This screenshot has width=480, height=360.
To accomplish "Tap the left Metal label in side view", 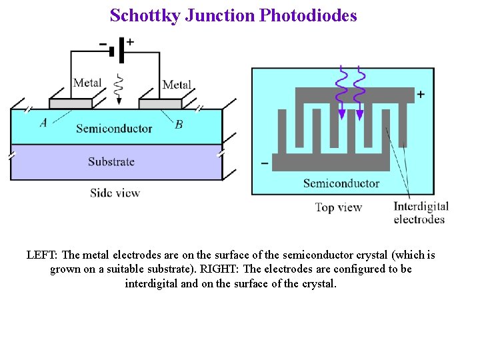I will pos(87,83).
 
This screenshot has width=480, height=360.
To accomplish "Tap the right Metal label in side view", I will pos(177,85).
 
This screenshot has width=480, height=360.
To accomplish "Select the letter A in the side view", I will pos(43,122).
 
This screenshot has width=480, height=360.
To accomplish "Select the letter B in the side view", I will pos(179,124).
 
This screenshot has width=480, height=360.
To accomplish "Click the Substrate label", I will pos(111,161).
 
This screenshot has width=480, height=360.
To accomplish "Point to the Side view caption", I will pos(115,193).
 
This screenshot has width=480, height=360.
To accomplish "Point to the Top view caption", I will pos(339,207).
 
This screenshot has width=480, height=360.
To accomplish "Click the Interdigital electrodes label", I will pos(421,213).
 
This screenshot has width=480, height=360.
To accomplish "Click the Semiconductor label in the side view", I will pos(114,128).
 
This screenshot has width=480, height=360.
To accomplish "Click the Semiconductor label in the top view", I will pos(341,183).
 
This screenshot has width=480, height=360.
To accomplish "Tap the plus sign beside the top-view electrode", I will pos(421,95).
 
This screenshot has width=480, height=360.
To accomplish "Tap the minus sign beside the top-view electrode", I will pos(265,162).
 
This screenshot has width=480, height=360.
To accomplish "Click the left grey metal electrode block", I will pos(70,103).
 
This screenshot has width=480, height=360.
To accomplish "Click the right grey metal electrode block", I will pos(160,103).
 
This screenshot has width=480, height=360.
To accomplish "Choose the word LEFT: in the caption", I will pos(43,255).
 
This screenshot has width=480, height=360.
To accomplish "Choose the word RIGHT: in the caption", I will pos(219,269).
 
